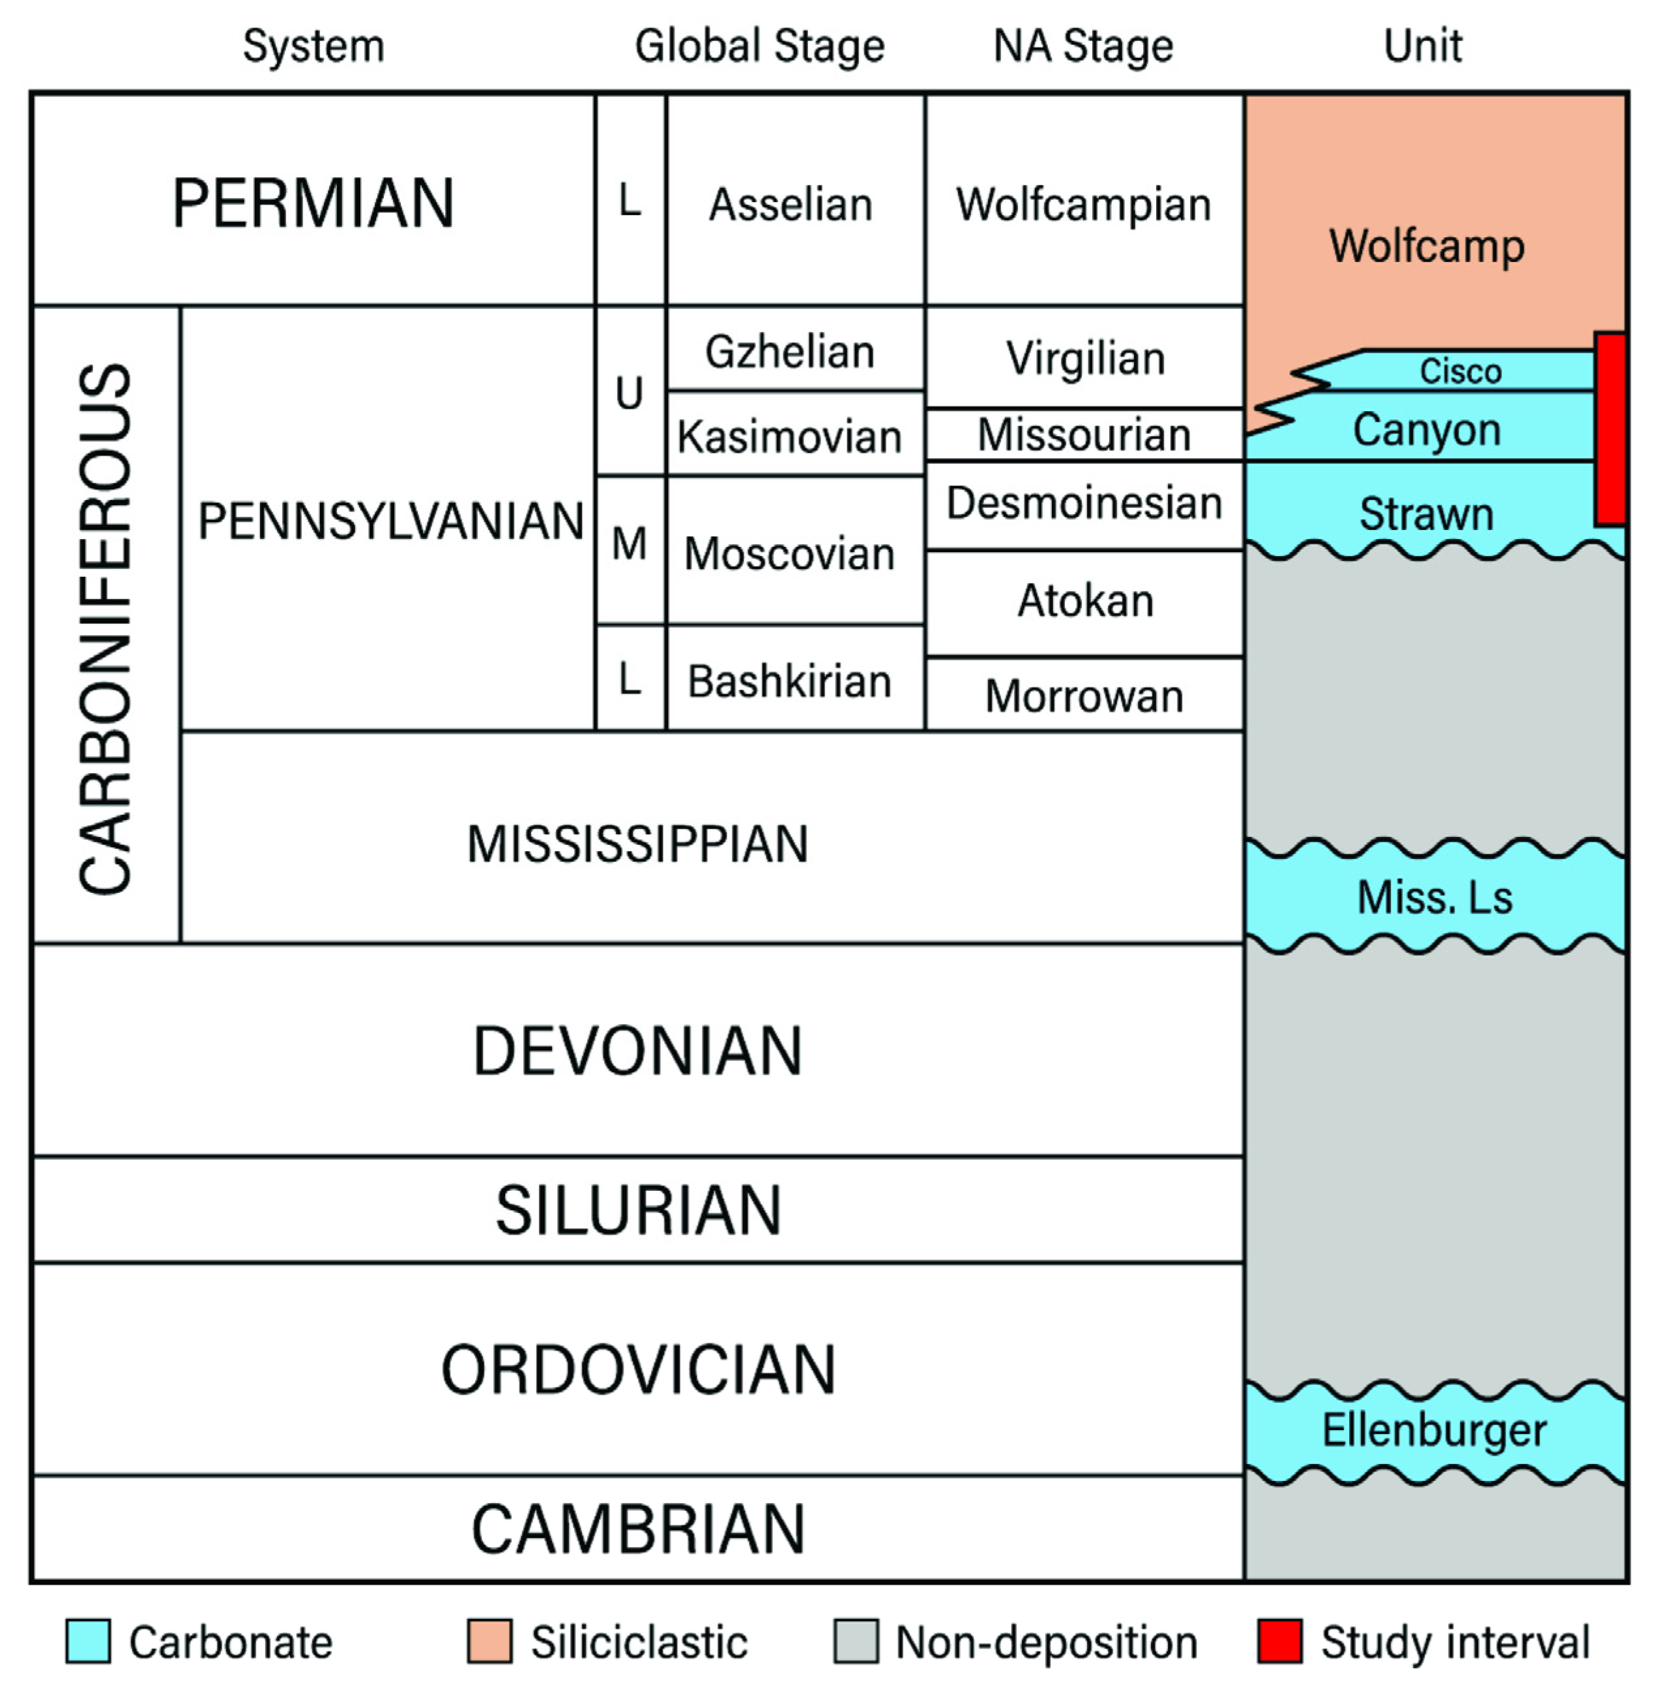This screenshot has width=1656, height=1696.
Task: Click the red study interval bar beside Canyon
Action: tap(1610, 429)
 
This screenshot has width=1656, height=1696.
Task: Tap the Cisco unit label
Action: tap(1460, 372)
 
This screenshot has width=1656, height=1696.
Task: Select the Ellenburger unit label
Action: tap(1433, 1431)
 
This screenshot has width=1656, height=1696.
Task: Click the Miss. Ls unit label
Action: tap(1434, 897)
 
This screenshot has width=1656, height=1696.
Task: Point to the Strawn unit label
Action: tap(1427, 513)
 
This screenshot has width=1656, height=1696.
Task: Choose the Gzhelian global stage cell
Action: tap(790, 351)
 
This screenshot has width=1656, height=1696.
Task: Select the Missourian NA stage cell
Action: tap(1084, 434)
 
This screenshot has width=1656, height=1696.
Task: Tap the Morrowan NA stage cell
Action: tap(1084, 695)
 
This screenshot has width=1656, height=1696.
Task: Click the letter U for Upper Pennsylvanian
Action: tap(629, 393)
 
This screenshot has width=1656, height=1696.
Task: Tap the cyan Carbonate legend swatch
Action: tap(88, 1642)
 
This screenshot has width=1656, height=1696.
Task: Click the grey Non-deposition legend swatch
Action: tap(856, 1642)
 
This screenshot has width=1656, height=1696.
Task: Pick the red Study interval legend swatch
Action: tap(1279, 1642)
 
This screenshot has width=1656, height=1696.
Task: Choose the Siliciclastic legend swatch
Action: tap(489, 1642)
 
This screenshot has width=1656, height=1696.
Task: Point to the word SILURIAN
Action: tap(637, 1210)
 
